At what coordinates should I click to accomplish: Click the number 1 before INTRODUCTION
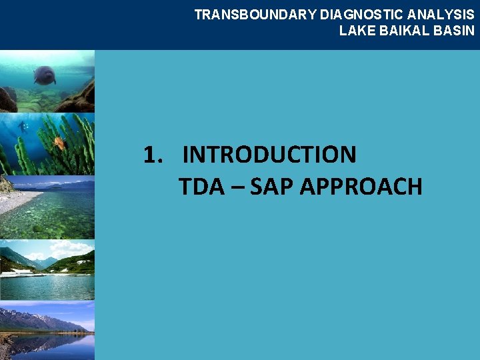coord(151,155)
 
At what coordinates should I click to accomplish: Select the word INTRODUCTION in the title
coord(269,155)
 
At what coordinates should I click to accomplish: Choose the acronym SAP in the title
coord(272,187)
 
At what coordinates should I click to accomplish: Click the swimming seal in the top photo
coord(45,75)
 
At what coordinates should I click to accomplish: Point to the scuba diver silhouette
coord(23,127)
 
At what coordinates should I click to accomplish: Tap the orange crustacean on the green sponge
coord(59,142)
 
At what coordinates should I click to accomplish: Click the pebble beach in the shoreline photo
coord(17,200)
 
